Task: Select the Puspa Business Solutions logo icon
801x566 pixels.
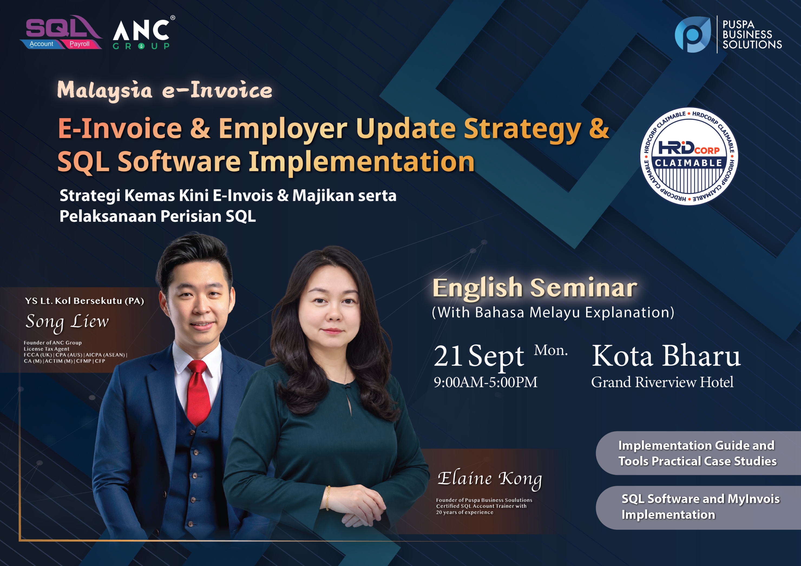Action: pyautogui.click(x=692, y=34)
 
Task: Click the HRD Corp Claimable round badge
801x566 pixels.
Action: pyautogui.click(x=689, y=156)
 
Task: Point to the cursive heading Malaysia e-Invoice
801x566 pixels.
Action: pyautogui.click(x=165, y=90)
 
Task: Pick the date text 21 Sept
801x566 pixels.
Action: pyautogui.click(x=479, y=356)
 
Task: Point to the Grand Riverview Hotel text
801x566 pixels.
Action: pyautogui.click(x=662, y=382)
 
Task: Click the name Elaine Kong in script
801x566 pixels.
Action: pyautogui.click(x=490, y=479)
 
